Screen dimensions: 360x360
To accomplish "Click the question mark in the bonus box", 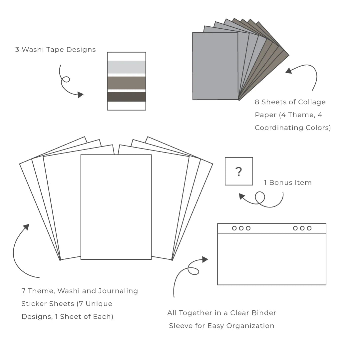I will (238, 172).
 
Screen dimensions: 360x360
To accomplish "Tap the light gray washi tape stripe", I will (126, 67).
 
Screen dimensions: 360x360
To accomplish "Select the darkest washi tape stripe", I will (126, 97).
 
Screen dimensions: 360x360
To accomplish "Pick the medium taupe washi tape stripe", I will (126, 83).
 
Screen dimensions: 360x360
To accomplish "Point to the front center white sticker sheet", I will (116, 207).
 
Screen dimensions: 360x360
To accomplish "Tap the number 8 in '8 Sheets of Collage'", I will (257, 102).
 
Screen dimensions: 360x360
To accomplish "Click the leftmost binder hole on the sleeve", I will (234, 228).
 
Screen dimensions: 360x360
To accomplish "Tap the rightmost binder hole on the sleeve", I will (309, 228).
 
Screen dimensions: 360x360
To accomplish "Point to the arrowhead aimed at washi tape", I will (80, 95).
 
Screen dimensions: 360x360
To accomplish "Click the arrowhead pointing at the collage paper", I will (289, 70).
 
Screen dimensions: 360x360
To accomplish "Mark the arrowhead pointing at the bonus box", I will (242, 196).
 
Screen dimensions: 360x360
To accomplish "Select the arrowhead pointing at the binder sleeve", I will (205, 259).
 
